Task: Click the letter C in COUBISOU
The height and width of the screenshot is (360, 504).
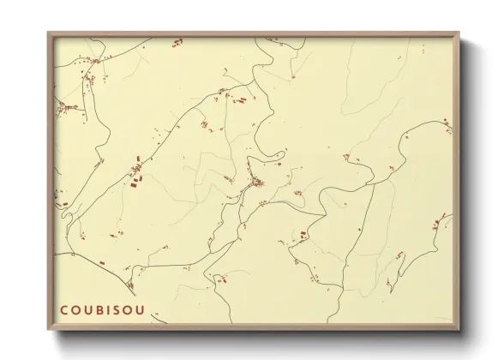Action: click(x=64, y=309)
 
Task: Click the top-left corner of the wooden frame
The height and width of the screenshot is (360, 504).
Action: click(x=49, y=33)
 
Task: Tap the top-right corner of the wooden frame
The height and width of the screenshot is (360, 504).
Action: click(x=459, y=33)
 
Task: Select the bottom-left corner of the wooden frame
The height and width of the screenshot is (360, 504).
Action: click(x=49, y=328)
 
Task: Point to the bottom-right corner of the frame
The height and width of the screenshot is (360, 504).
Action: click(x=459, y=328)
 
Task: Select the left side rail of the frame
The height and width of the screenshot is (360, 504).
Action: click(x=51, y=180)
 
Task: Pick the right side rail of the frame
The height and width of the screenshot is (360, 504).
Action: click(x=457, y=180)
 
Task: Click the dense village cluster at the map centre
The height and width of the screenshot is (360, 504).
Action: click(x=256, y=183)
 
